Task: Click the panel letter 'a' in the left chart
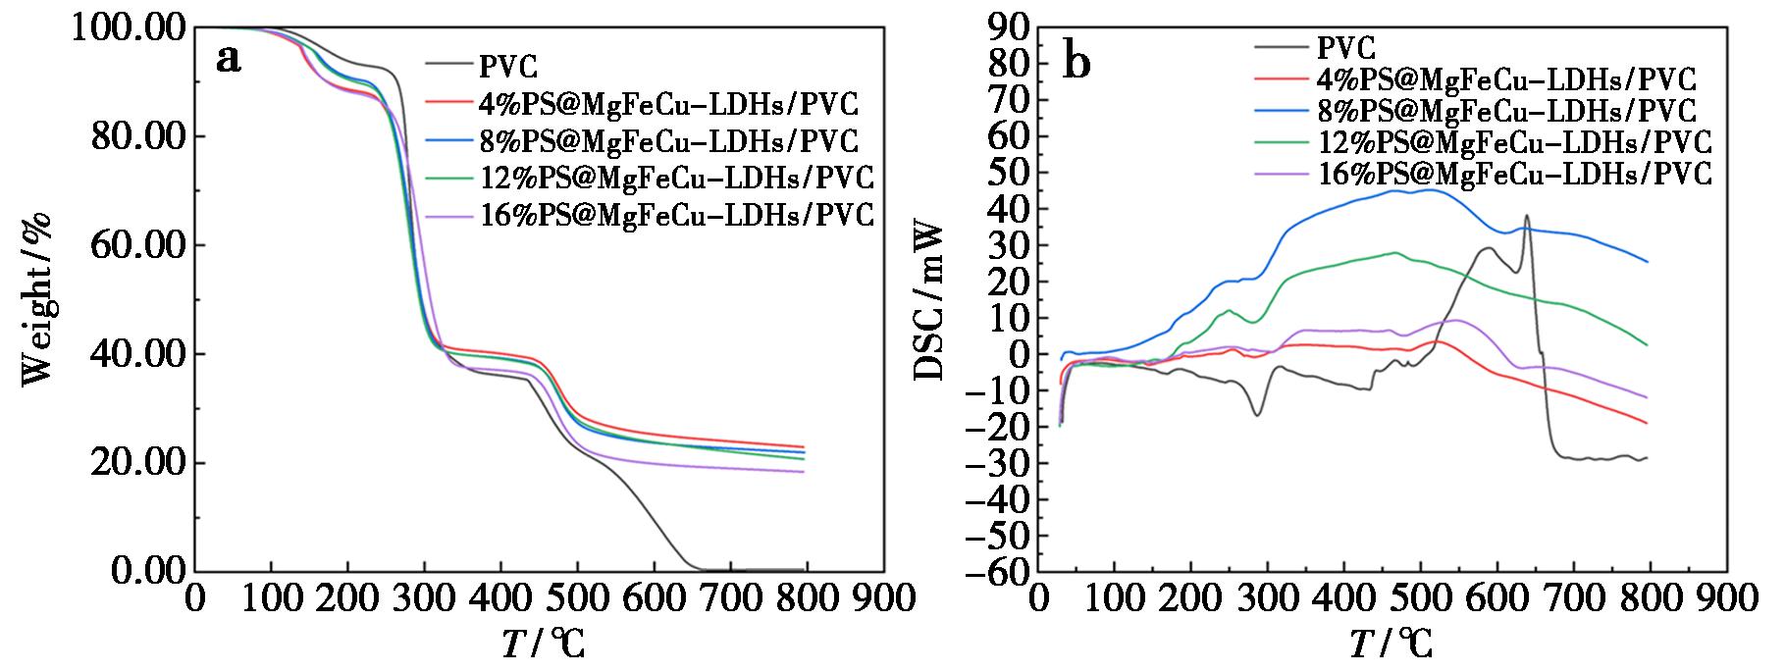(229, 60)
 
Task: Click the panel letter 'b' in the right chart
(1076, 64)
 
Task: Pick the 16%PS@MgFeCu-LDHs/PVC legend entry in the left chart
(676, 214)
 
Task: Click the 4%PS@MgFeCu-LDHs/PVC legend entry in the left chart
(668, 103)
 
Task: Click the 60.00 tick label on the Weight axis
(137, 244)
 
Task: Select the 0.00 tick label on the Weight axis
(148, 571)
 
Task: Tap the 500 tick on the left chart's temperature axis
(577, 597)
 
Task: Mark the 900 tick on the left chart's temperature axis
(883, 597)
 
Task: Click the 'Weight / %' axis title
(36, 299)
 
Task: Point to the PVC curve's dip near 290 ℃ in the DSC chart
(1257, 415)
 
